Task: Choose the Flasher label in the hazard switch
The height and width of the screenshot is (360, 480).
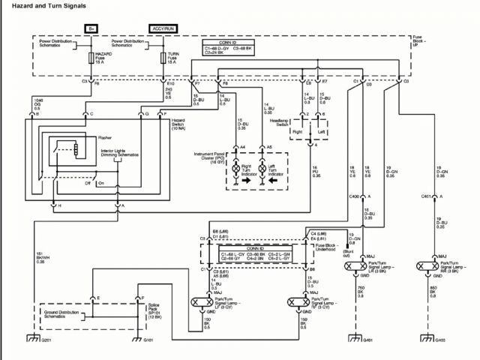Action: click(x=105, y=138)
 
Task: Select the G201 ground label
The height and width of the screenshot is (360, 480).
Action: click(x=47, y=340)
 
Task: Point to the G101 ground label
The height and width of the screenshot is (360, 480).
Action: click(x=148, y=340)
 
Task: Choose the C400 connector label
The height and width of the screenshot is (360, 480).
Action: click(x=355, y=196)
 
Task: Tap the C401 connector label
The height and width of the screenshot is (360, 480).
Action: click(x=426, y=196)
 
